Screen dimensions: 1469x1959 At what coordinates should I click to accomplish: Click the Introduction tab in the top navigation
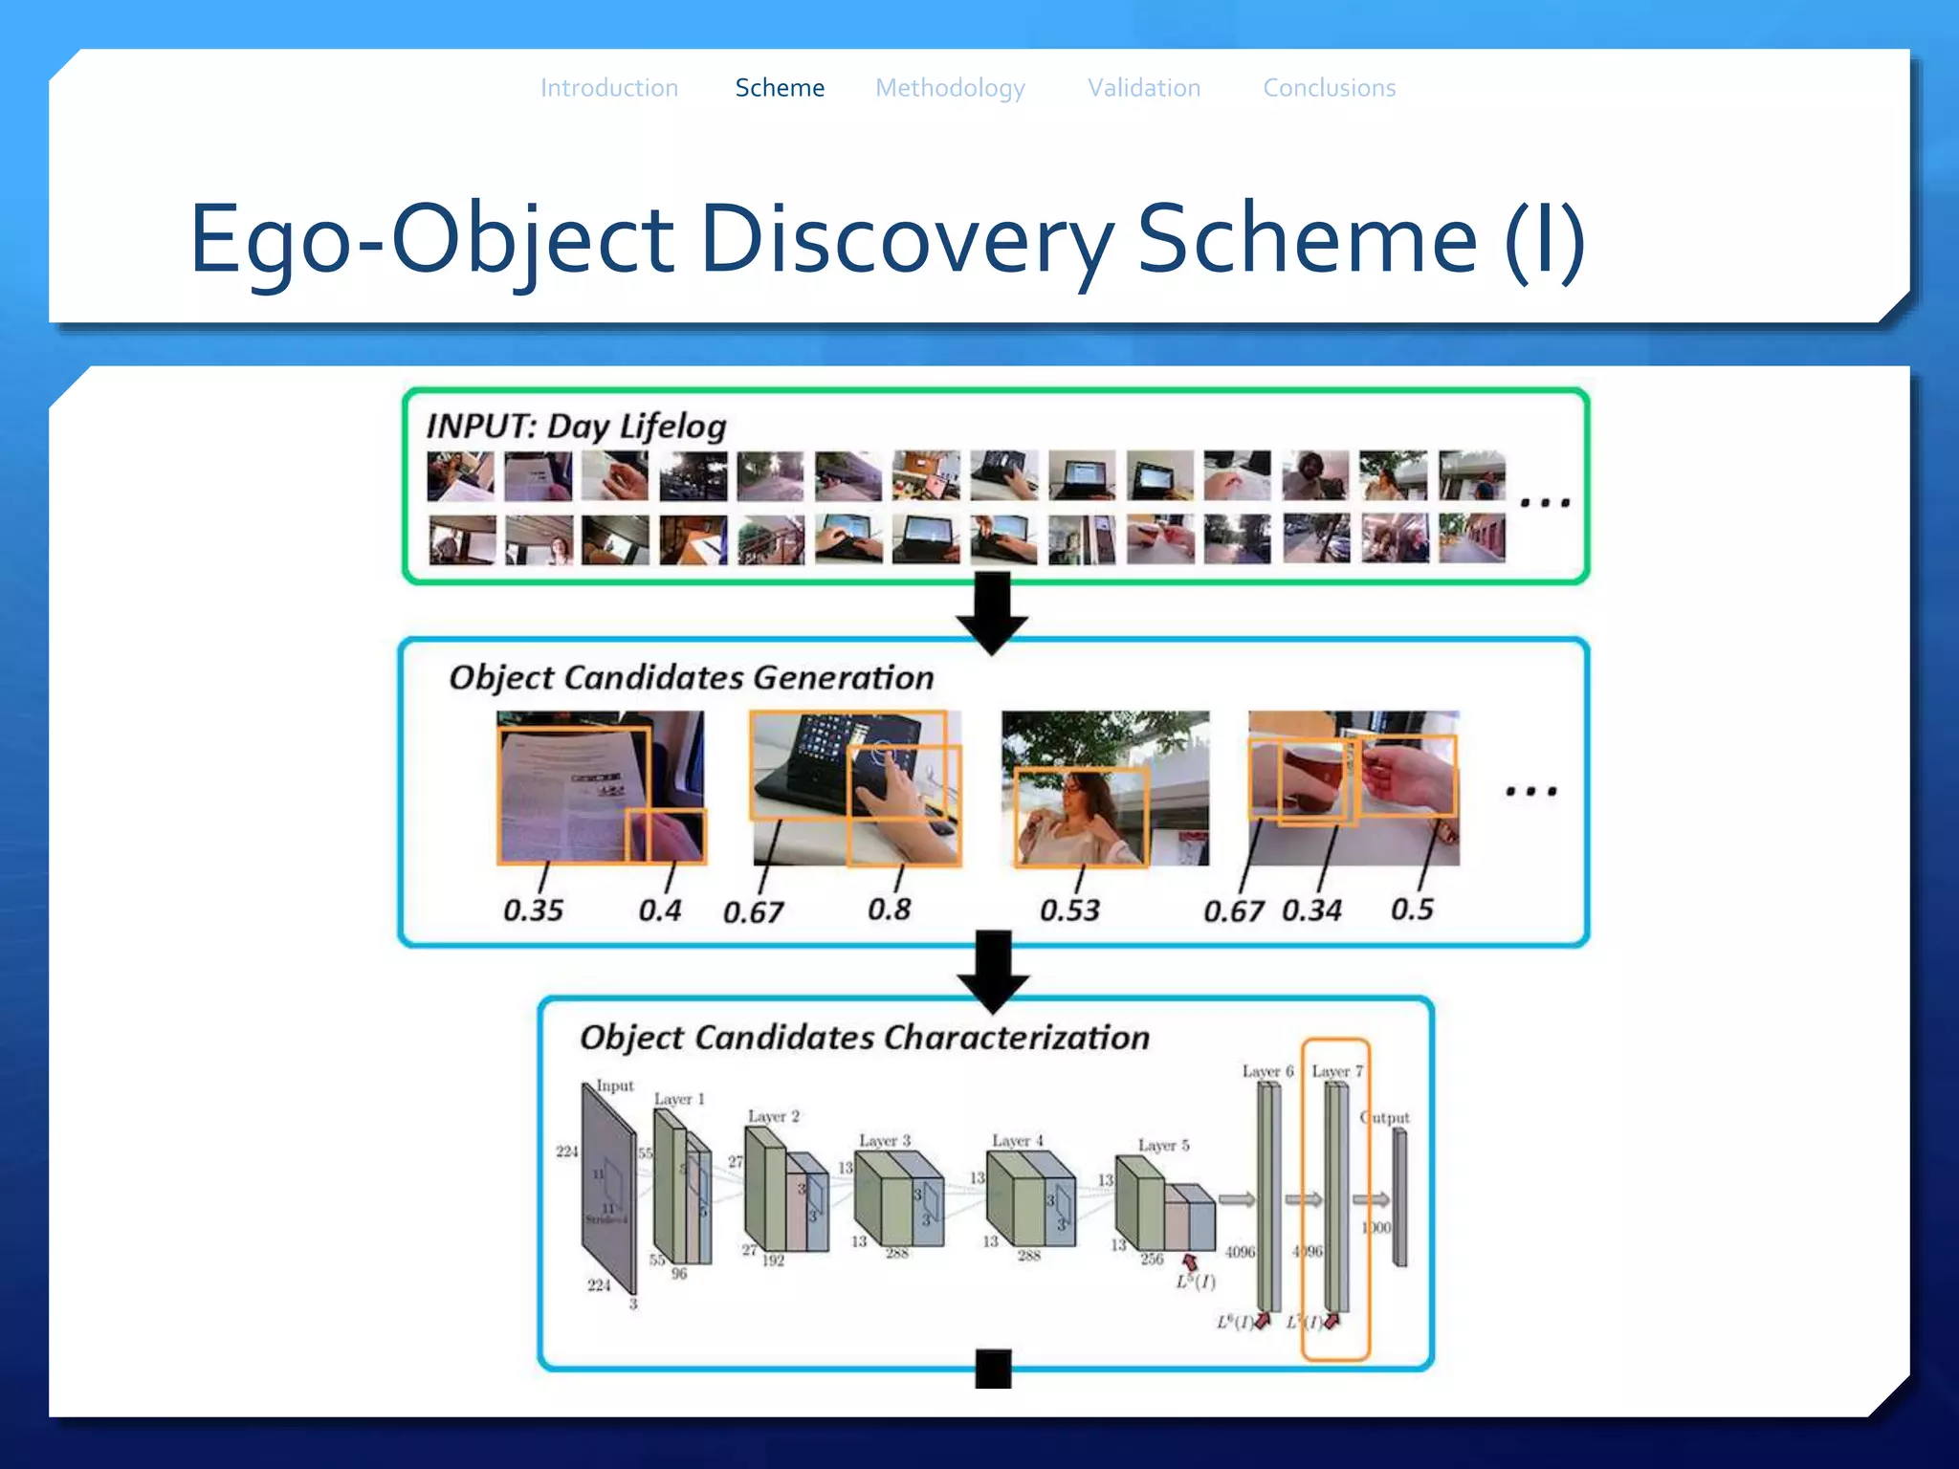click(609, 88)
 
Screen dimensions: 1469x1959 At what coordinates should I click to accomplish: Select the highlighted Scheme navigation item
click(780, 88)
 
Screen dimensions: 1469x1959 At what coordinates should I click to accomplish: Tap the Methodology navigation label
click(950, 88)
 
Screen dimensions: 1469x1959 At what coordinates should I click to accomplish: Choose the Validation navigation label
click(1144, 88)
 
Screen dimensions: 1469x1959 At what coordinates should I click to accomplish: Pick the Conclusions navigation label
click(1330, 88)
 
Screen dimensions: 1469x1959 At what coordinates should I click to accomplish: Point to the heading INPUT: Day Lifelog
click(577, 426)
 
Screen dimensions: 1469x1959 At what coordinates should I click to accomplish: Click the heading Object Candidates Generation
click(692, 677)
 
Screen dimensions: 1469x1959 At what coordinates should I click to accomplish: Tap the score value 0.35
click(533, 910)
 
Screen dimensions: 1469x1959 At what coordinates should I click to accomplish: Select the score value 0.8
click(889, 909)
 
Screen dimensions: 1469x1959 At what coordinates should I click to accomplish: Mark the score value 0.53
click(1069, 910)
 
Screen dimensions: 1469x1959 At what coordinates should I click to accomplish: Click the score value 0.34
click(1311, 910)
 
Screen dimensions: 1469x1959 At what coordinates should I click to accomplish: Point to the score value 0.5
click(1412, 909)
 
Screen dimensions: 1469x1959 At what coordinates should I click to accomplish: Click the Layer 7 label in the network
click(1337, 1071)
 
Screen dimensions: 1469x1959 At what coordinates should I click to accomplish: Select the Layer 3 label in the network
click(885, 1141)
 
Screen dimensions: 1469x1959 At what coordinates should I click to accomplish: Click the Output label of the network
click(1385, 1117)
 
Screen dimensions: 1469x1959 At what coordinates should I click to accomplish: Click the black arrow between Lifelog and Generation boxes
click(992, 612)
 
